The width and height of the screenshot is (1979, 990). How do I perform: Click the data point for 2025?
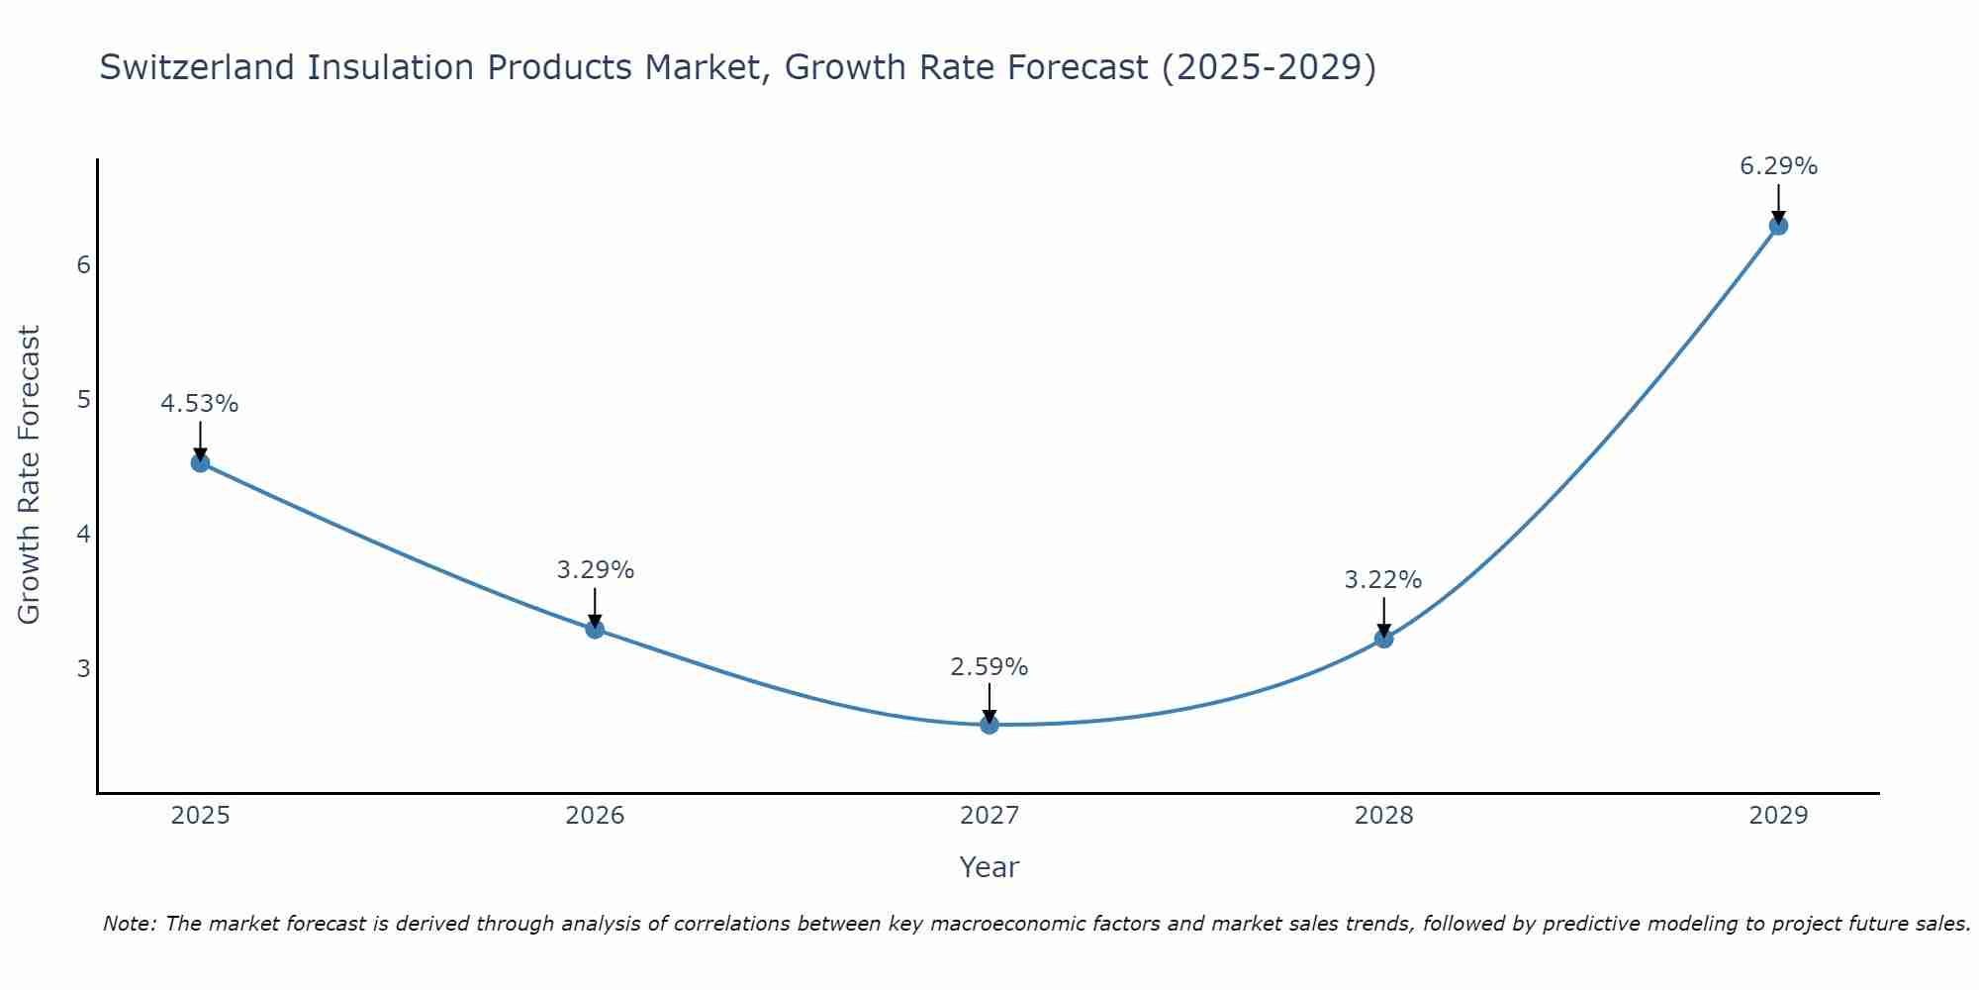[200, 462]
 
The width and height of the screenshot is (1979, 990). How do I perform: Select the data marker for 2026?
[595, 629]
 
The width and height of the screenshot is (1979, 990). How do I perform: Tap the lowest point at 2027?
[989, 725]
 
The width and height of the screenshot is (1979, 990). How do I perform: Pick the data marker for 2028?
[1383, 639]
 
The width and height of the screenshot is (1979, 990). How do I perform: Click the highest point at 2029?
[1778, 226]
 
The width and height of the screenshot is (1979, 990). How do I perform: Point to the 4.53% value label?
[200, 404]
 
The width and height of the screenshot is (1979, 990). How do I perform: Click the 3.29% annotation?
[595, 570]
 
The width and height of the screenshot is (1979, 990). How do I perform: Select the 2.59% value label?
[989, 667]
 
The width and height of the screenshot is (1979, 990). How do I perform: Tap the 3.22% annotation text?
[1383, 580]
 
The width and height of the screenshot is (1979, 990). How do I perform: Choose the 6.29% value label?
[1778, 166]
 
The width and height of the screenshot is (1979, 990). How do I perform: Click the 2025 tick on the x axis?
[200, 816]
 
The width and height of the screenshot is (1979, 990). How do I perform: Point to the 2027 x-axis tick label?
[989, 816]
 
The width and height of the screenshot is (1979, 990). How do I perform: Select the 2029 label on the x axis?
[1778, 816]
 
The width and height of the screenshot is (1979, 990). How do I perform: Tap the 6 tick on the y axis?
[83, 265]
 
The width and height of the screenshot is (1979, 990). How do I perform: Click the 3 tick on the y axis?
[83, 668]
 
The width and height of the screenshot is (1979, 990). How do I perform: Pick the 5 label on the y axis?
[83, 400]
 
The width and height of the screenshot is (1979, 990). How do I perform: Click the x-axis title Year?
[989, 867]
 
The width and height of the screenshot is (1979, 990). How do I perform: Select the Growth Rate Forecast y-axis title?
[30, 475]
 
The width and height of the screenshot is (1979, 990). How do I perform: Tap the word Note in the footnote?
[129, 924]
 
